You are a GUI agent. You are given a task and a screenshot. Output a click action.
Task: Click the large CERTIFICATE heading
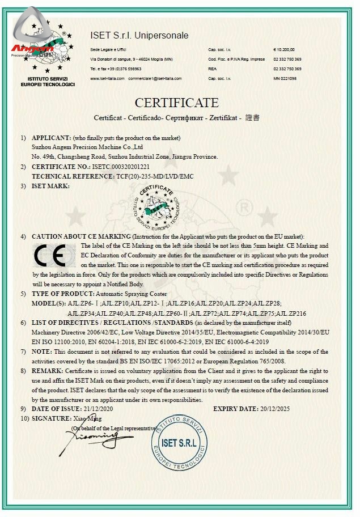pos(176,103)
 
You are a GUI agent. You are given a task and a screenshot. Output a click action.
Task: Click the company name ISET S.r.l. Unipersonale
pos(139,36)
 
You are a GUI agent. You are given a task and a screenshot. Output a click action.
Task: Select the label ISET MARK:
pos(50,185)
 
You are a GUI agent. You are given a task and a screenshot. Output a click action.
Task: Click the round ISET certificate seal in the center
pos(155,207)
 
